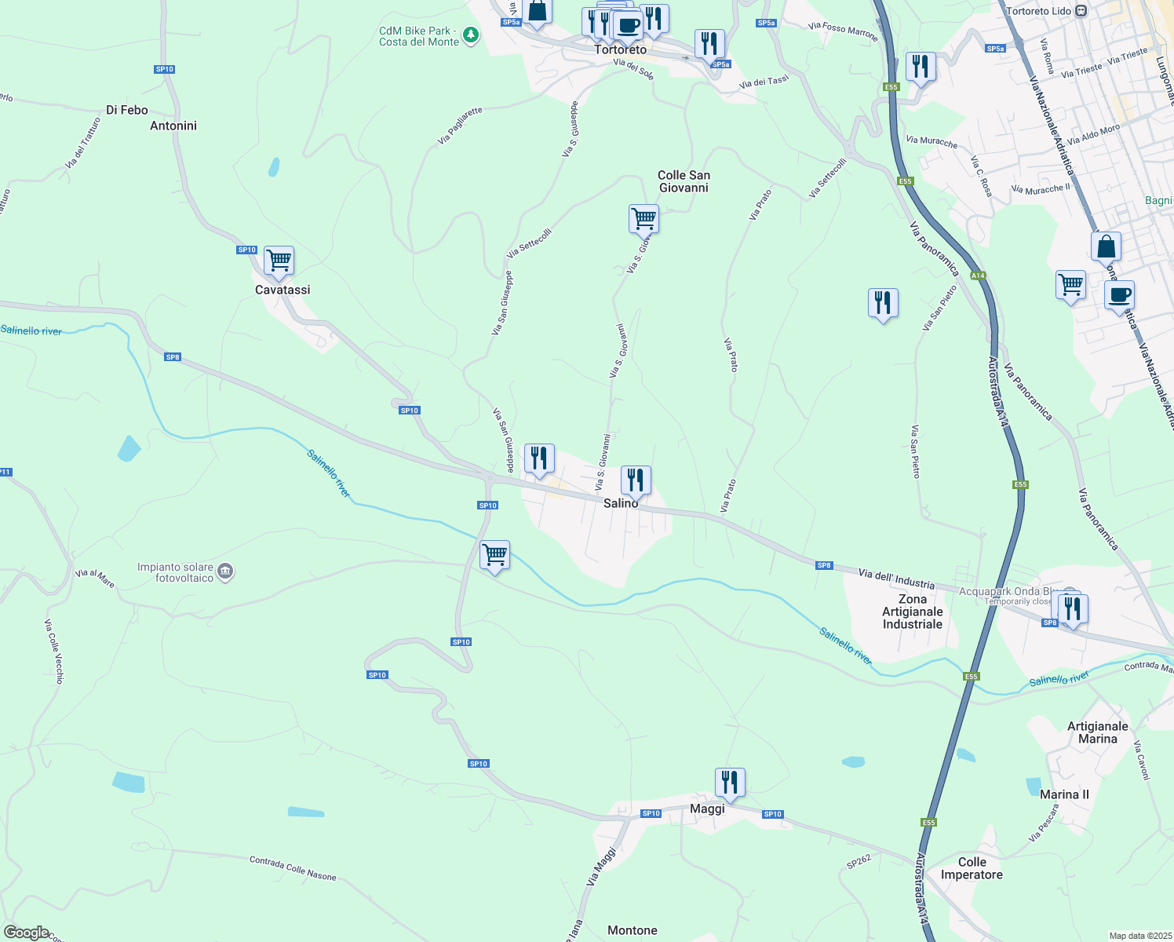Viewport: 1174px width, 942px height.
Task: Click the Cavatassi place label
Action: [283, 290]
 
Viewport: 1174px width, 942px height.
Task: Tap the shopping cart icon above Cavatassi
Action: [279, 260]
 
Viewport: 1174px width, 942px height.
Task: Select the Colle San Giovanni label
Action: [684, 181]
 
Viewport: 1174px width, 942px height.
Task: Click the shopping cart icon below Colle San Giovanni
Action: [644, 218]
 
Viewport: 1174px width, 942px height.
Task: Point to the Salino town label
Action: [620, 503]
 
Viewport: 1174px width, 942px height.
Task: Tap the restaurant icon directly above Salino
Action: [636, 479]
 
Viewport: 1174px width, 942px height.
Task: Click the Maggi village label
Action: [707, 809]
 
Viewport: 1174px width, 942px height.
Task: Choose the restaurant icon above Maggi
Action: [730, 782]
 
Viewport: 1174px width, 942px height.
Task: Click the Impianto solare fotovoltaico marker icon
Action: [225, 571]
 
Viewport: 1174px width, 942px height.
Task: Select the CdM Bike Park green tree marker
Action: [471, 35]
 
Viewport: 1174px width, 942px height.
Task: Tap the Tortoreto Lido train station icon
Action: [1081, 11]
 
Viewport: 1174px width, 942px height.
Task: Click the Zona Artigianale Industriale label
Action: [912, 612]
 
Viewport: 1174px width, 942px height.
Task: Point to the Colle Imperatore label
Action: [972, 868]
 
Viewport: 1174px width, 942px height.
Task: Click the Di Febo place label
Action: [127, 110]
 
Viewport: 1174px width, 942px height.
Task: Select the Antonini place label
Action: [173, 126]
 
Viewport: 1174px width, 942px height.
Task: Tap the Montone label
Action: [633, 930]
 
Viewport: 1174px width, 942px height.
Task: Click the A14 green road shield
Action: [978, 276]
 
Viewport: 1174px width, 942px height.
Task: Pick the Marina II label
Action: [1064, 794]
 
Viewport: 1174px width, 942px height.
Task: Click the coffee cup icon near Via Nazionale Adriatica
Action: [1119, 295]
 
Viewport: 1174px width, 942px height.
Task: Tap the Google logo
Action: [26, 933]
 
